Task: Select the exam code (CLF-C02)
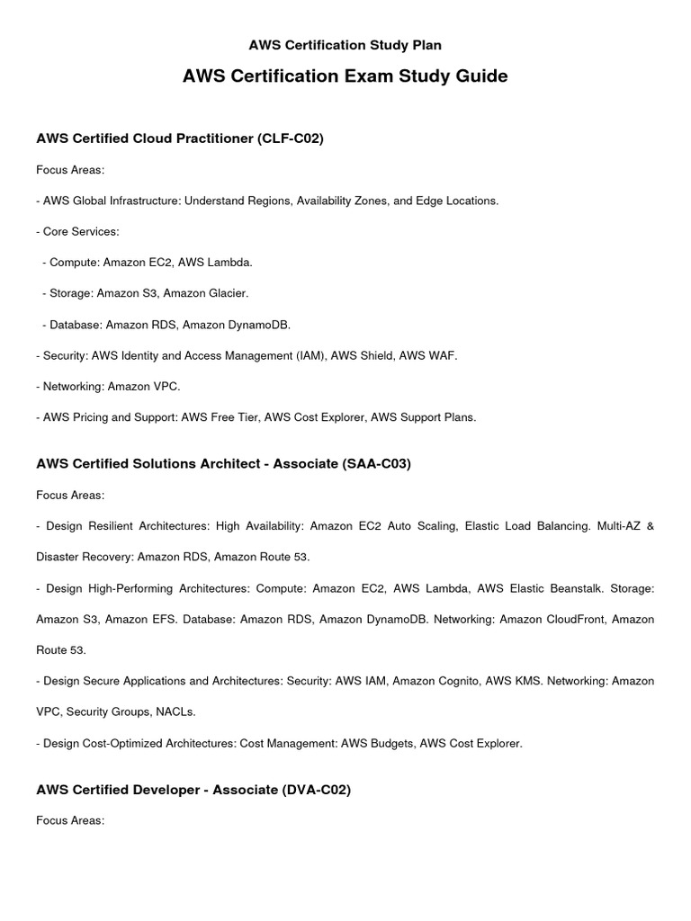(291, 138)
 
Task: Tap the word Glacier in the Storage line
(227, 293)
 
